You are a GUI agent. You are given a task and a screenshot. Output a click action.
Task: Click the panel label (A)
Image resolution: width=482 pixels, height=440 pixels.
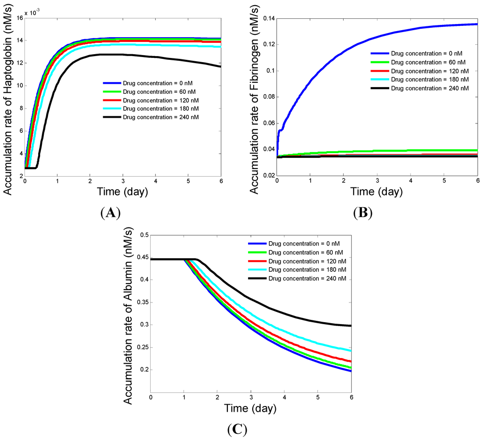pos(111,213)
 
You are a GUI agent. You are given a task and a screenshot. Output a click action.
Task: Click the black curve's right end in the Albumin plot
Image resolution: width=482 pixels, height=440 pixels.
pos(351,326)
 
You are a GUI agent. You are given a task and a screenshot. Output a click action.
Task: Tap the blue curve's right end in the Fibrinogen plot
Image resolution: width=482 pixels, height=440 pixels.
pos(477,24)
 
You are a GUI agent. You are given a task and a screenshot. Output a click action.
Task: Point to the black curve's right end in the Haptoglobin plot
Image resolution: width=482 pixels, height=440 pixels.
pos(220,66)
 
